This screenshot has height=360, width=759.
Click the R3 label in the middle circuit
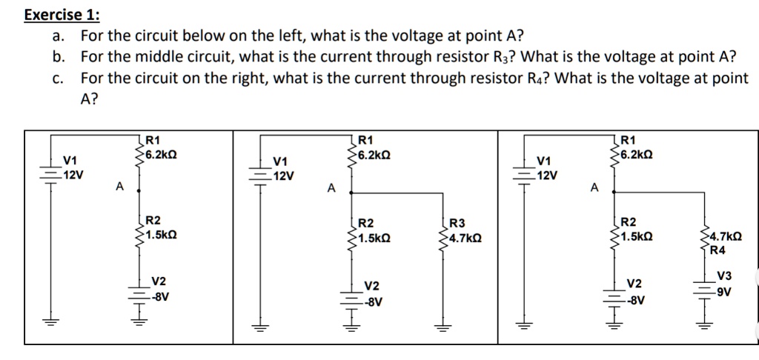click(x=457, y=224)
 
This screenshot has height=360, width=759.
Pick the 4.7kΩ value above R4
click(x=720, y=237)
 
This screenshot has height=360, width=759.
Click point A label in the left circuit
click(x=119, y=187)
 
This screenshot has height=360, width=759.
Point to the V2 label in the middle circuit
click(x=371, y=286)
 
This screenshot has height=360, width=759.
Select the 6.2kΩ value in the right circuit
click(x=637, y=154)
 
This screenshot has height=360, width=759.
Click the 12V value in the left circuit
click(x=73, y=175)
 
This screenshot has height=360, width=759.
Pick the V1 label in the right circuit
click(x=544, y=161)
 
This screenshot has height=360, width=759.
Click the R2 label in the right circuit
click(x=628, y=221)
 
